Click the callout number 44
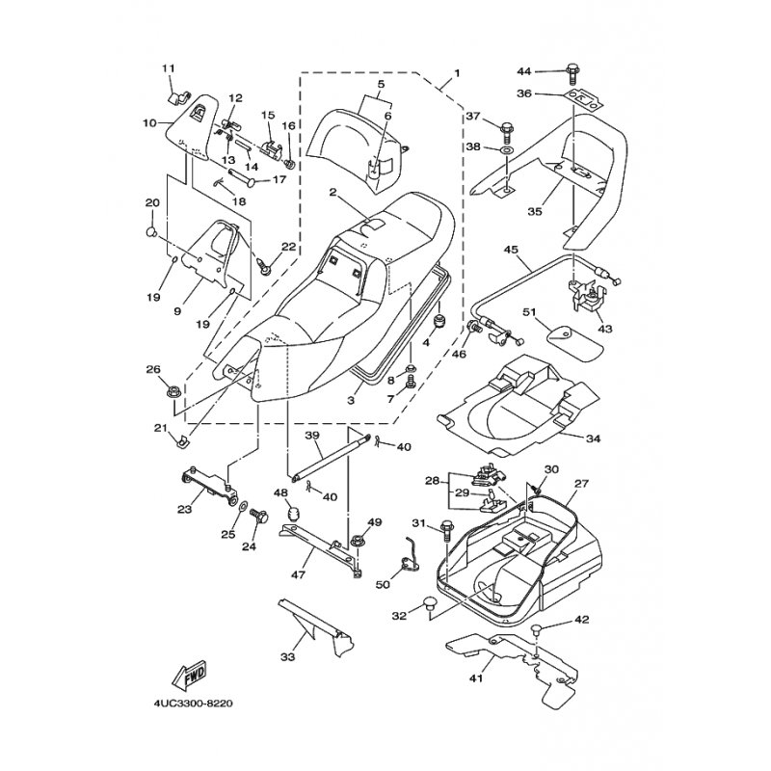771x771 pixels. pyautogui.click(x=523, y=71)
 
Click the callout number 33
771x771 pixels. pyautogui.click(x=286, y=657)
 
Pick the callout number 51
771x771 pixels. pyautogui.click(x=529, y=311)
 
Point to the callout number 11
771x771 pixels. pyautogui.click(x=169, y=67)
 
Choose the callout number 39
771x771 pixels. pyautogui.click(x=313, y=437)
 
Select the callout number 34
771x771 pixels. pyautogui.click(x=593, y=439)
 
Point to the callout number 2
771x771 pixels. pyautogui.click(x=332, y=193)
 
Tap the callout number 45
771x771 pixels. pyautogui.click(x=512, y=250)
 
